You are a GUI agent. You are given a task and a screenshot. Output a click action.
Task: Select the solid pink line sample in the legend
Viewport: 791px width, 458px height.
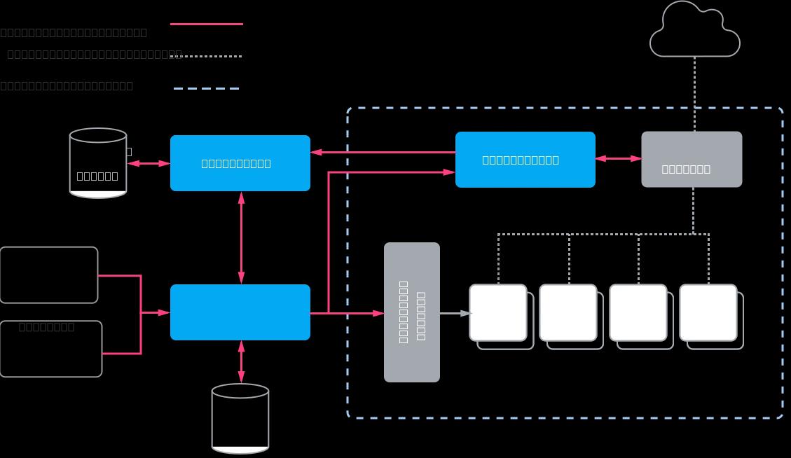[x=207, y=24]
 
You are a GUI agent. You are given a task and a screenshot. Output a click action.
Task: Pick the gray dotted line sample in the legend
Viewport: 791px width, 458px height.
[x=210, y=56]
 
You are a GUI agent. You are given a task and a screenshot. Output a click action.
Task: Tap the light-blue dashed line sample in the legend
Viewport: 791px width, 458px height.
[x=207, y=88]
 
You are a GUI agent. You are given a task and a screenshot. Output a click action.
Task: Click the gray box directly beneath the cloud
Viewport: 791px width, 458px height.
[x=692, y=159]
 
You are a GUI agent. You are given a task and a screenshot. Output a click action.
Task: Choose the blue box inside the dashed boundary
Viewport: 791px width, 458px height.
[x=525, y=160]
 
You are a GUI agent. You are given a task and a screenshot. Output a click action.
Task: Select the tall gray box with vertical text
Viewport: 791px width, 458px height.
[x=412, y=312]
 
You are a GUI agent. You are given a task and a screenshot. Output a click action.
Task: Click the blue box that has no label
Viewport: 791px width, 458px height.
[x=240, y=312]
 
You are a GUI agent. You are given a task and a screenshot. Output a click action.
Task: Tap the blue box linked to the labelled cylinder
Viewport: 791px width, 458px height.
[x=240, y=163]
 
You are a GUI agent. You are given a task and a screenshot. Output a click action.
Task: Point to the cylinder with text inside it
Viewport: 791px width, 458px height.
[x=98, y=163]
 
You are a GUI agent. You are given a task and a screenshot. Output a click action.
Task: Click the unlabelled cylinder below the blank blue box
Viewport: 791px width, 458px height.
[x=240, y=418]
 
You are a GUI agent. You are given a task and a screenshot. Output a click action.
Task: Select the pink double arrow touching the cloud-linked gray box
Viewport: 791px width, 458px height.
[x=618, y=159]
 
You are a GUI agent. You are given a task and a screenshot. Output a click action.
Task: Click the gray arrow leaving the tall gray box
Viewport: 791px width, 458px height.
[x=455, y=314]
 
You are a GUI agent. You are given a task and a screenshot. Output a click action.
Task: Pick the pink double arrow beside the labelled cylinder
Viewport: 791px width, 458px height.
[x=148, y=163]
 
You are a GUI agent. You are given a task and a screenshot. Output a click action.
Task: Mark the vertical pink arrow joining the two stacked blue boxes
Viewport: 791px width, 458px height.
[x=241, y=237]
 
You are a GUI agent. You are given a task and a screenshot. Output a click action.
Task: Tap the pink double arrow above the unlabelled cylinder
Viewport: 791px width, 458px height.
[x=241, y=361]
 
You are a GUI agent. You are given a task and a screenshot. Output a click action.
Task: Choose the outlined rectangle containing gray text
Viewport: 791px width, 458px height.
[x=51, y=349]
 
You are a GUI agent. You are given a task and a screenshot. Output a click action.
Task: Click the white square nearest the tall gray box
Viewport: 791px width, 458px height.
[x=498, y=312]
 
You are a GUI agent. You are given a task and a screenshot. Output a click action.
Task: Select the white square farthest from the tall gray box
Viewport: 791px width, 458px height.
[x=708, y=312]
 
